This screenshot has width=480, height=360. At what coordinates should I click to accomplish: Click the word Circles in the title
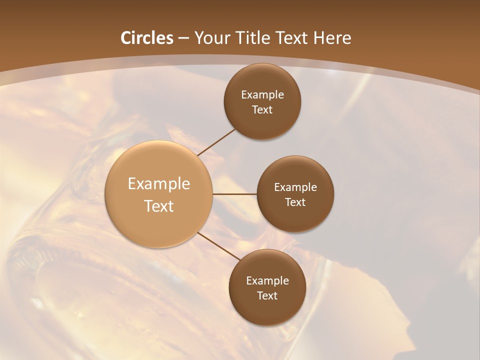pos(147,38)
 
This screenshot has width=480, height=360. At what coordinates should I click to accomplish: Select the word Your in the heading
pos(209,38)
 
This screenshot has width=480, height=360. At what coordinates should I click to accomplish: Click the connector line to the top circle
pos(216,142)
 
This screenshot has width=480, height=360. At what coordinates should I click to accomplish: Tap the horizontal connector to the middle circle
pos(235,194)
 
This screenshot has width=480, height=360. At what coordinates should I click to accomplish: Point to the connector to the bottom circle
pos(218,246)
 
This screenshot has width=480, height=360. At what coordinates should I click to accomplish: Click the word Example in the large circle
pos(159,183)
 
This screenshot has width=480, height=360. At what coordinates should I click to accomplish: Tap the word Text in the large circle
pos(159,206)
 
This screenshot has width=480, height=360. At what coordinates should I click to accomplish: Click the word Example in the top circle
pos(262,94)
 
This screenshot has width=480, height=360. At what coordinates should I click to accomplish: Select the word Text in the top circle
pos(262,109)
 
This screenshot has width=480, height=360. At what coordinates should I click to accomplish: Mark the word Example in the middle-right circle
pos(295,187)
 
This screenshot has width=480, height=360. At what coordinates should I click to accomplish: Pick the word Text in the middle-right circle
pos(295,202)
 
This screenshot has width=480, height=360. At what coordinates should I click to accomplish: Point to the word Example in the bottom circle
pos(267,280)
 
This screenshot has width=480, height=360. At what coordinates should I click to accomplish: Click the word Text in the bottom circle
pos(267,295)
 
